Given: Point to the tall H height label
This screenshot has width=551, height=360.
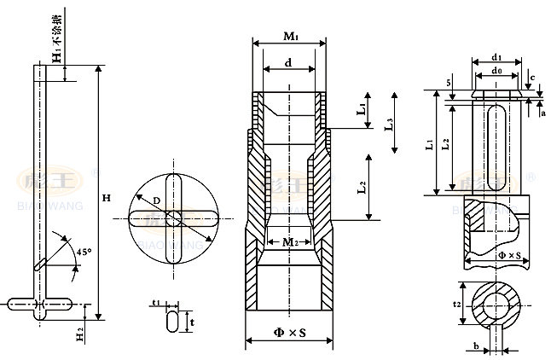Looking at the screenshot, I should tap(106, 198).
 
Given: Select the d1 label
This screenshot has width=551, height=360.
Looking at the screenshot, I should tap(496, 57).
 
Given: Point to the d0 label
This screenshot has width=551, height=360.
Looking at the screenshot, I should tap(496, 74).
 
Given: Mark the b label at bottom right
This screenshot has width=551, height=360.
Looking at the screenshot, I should tap(474, 345).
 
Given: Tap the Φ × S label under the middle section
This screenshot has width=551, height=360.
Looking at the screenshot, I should tap(289, 332).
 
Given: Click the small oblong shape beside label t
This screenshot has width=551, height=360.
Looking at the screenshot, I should tap(172, 322).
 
